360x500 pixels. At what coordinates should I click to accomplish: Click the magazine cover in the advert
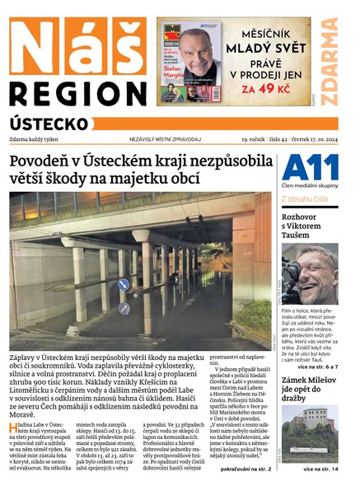(x=191, y=62)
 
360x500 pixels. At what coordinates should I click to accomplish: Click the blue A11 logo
(x=310, y=170)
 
